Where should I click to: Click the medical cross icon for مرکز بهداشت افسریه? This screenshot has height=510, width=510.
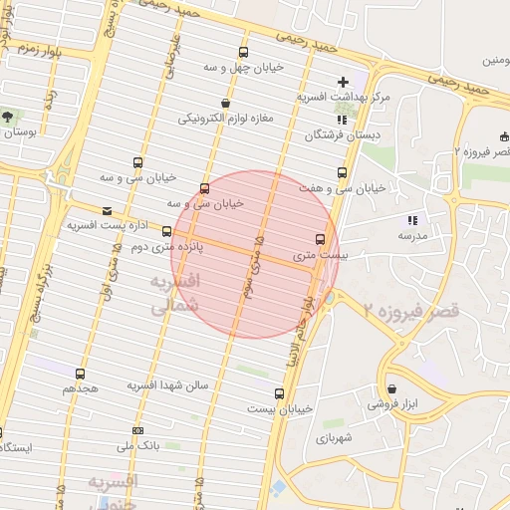344,81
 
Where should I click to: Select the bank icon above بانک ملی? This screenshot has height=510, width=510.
137,430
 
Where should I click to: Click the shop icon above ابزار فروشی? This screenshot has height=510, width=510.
391,388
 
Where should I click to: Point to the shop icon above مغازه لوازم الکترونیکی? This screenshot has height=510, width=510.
227,103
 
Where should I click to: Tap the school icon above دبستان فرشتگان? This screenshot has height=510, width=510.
343,119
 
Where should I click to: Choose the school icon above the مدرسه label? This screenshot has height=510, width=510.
412,220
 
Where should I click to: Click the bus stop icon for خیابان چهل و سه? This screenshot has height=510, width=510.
243,52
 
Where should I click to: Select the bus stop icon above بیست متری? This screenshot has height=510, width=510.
320,239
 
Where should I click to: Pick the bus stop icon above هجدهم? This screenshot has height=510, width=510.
81,375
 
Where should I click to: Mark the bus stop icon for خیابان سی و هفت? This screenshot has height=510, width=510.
343,172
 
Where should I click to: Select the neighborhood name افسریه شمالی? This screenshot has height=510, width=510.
174,296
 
